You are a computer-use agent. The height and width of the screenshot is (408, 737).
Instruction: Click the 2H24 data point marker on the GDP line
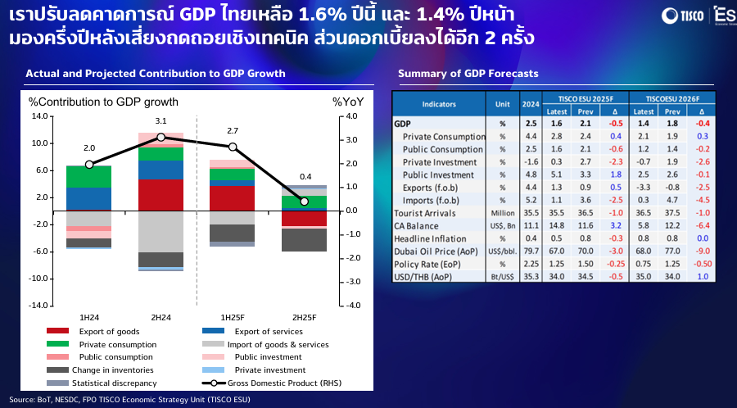pyautogui.click(x=161, y=137)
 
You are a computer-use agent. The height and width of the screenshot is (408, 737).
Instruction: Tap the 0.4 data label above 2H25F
pyautogui.click(x=305, y=177)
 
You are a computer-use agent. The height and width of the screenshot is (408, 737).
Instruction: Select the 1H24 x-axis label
pyautogui.click(x=89, y=316)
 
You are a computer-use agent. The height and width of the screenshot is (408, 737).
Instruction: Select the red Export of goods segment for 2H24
pyautogui.click(x=161, y=195)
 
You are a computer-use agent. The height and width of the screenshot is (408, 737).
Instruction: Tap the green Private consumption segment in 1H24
pyautogui.click(x=89, y=176)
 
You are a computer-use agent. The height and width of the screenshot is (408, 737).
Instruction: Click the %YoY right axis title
pyautogui.click(x=348, y=102)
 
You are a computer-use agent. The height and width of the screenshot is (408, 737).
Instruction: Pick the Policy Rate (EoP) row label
pyautogui.click(x=428, y=265)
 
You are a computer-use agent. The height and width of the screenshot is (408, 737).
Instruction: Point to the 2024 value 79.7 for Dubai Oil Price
pyautogui.click(x=530, y=252)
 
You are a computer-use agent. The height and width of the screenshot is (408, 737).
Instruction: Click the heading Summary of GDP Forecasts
pyautogui.click(x=468, y=74)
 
